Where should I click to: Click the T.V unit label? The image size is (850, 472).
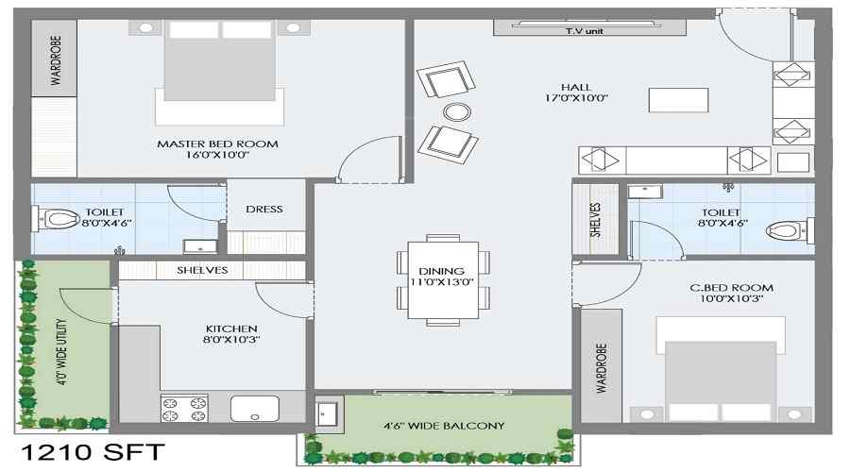(585, 31)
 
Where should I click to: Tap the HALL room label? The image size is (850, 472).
(576, 87)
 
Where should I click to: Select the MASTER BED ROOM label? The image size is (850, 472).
(217, 144)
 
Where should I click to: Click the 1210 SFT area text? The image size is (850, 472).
(93, 452)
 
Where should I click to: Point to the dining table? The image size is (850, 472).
(443, 280)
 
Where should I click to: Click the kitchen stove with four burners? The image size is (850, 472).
(184, 409)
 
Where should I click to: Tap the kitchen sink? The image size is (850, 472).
(255, 409)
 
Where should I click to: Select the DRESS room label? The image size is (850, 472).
(264, 210)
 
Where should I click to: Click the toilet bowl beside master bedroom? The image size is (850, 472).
(58, 219)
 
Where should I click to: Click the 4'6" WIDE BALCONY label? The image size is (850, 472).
(444, 426)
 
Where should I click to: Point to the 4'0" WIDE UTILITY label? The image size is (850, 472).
(62, 351)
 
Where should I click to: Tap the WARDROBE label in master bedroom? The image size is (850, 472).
(56, 60)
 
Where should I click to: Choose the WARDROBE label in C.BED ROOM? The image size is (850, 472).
(602, 367)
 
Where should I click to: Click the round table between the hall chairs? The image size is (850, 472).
(457, 112)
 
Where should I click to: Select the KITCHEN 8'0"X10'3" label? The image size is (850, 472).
(231, 334)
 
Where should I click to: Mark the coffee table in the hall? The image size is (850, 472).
(678, 100)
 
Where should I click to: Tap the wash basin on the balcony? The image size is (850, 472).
(327, 414)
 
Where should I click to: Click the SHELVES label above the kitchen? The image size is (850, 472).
(202, 270)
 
